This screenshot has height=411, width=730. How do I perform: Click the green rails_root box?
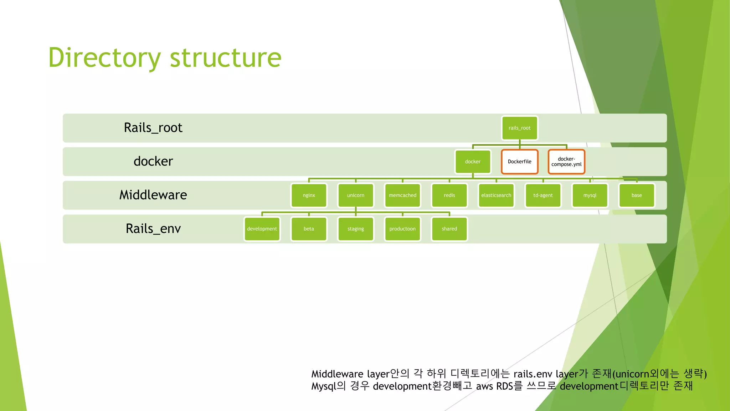click(x=519, y=128)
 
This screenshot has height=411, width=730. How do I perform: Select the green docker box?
click(x=473, y=162)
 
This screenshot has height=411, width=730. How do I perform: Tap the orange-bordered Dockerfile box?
click(x=519, y=162)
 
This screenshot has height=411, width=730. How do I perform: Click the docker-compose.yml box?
click(x=566, y=162)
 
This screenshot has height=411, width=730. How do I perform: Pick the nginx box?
click(x=309, y=195)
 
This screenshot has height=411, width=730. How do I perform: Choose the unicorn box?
click(x=355, y=195)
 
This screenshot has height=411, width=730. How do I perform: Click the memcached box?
click(x=402, y=195)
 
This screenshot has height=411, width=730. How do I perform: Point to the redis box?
click(x=449, y=195)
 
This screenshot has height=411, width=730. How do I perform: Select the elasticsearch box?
click(x=496, y=195)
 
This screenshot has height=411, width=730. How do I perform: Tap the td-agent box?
click(x=543, y=195)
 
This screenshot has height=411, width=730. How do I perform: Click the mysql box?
click(x=590, y=195)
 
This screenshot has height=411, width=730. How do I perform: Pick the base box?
click(x=637, y=195)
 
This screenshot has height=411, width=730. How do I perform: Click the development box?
click(x=262, y=229)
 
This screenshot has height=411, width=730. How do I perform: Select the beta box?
click(x=309, y=229)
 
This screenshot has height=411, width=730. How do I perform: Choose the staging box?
click(x=355, y=229)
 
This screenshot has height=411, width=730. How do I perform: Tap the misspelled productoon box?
click(x=402, y=229)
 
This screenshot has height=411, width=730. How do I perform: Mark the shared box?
click(x=449, y=229)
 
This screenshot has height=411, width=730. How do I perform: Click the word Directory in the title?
click(x=104, y=58)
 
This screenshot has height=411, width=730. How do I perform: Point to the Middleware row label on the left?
click(x=153, y=195)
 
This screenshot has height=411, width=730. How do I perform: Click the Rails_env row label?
click(x=153, y=228)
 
